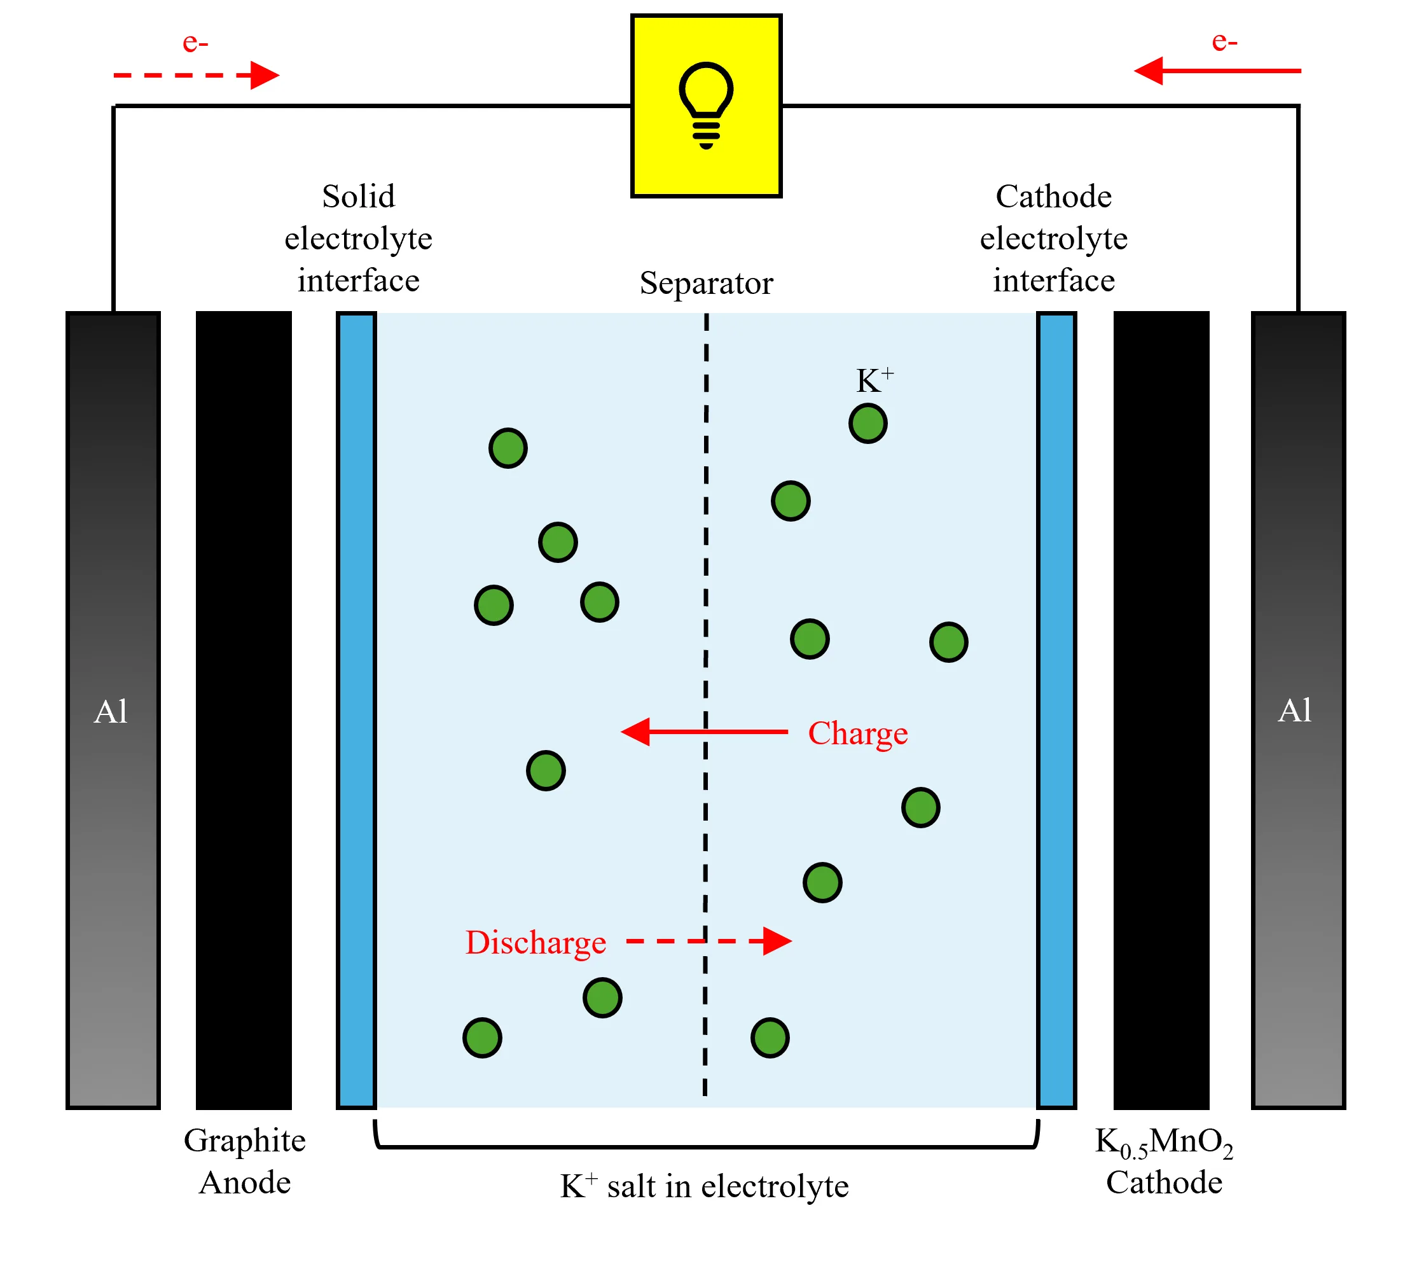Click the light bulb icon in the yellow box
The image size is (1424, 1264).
pyautogui.click(x=706, y=104)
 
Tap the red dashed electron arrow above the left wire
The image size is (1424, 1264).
pyautogui.click(x=196, y=75)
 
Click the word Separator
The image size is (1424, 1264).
pyautogui.click(x=706, y=283)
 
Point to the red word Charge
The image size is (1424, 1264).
pyautogui.click(x=857, y=733)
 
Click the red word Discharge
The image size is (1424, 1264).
pyautogui.click(x=535, y=942)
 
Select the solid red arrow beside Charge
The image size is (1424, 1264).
pyautogui.click(x=703, y=732)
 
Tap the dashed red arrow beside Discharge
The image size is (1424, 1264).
pyautogui.click(x=709, y=941)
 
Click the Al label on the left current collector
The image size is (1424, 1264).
pyautogui.click(x=111, y=711)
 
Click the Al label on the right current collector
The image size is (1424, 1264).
pyautogui.click(x=1294, y=710)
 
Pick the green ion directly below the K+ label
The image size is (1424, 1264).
pyautogui.click(x=868, y=423)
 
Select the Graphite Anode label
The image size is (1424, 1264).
pyautogui.click(x=244, y=1161)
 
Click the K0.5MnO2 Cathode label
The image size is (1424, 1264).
pyautogui.click(x=1163, y=1161)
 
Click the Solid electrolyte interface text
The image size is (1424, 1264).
pyautogui.click(x=358, y=239)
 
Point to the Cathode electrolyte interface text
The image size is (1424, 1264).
pyautogui.click(x=1053, y=239)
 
